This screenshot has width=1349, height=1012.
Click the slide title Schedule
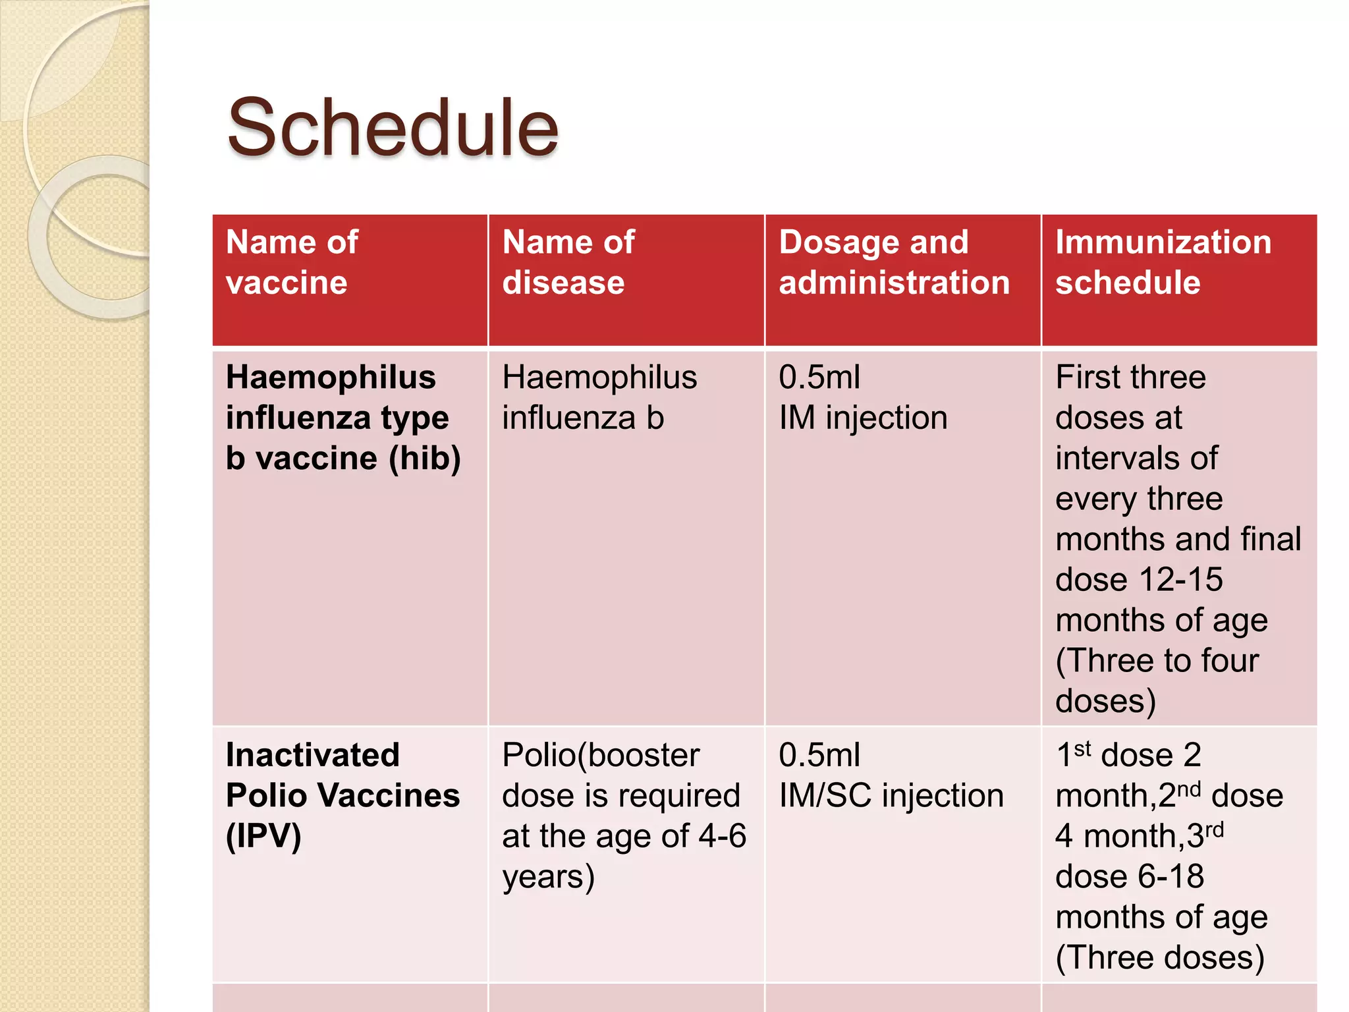point(393,128)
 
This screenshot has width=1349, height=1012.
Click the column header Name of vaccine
point(292,262)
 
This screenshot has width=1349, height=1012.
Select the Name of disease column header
point(568,262)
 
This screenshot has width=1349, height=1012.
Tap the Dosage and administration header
point(894,262)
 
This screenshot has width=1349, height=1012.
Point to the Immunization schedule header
point(1163,262)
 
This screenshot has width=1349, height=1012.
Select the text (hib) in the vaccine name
point(425,459)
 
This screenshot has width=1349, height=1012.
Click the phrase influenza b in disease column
point(583,418)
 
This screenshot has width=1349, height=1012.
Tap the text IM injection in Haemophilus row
point(863,418)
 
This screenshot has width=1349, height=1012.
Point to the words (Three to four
point(1157,661)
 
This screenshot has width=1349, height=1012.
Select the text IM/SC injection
point(891,796)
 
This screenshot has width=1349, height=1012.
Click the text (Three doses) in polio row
point(1159,958)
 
